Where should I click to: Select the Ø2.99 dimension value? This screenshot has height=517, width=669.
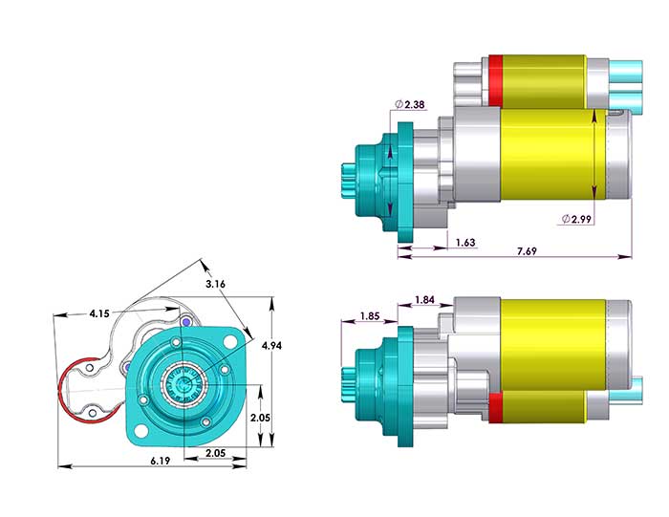[x=581, y=219]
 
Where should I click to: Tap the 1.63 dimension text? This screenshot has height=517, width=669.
[x=466, y=243]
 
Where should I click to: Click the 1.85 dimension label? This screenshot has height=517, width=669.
[x=371, y=316]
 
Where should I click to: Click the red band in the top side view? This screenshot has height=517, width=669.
[x=495, y=79]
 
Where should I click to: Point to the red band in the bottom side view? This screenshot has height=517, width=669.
[x=495, y=408]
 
